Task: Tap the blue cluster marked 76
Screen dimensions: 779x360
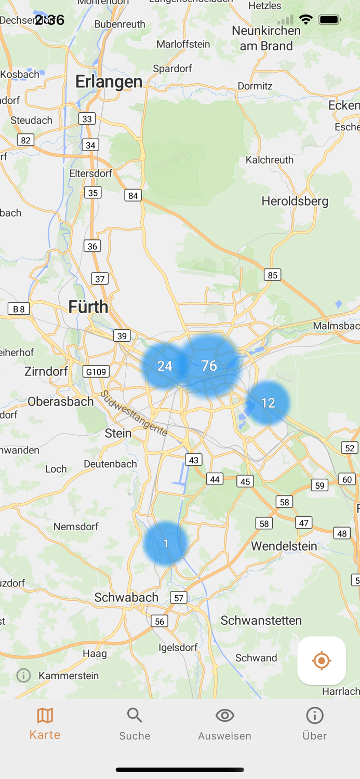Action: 209,366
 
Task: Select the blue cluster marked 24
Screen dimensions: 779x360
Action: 165,366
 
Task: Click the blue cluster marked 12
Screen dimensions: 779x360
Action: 268,402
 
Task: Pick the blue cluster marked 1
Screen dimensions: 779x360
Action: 166,543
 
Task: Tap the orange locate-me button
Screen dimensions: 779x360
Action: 322,661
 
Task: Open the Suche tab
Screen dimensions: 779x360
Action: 135,723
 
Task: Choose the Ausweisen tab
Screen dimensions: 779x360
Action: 224,723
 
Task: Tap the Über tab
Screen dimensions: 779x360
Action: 314,723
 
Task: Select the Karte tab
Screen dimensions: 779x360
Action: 45,723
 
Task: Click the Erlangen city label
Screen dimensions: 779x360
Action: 109,82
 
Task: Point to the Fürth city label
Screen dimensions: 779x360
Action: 88,306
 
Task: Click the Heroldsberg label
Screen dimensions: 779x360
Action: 295,201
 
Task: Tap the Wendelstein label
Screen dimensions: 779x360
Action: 284,546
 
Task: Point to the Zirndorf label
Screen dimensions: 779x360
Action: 46,371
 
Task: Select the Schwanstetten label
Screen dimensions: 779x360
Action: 261,620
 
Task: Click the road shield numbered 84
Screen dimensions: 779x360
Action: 133,195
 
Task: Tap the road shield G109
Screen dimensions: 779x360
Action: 96,371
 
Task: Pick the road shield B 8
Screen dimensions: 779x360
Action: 19,309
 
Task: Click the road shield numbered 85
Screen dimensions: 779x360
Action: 272,275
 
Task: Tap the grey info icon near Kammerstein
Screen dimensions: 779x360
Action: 23,675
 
